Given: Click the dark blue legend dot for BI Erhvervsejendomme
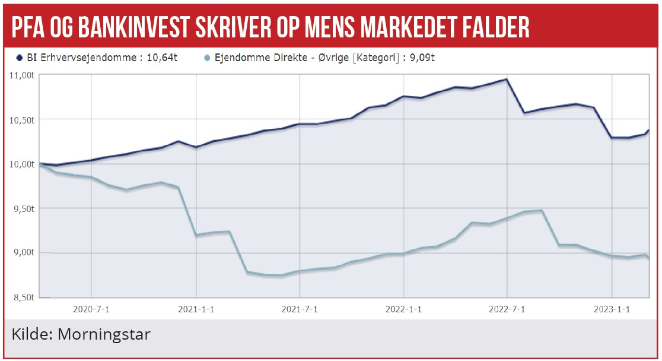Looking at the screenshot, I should click(19, 58).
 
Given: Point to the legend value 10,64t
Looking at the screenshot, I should click(161, 58).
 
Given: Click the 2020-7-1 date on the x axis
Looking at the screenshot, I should click(91, 309).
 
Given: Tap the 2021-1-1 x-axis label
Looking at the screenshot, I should click(196, 309).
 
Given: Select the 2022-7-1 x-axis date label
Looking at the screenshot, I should click(508, 309).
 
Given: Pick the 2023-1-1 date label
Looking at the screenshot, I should click(612, 309).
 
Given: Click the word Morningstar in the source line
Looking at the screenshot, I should click(104, 334).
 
